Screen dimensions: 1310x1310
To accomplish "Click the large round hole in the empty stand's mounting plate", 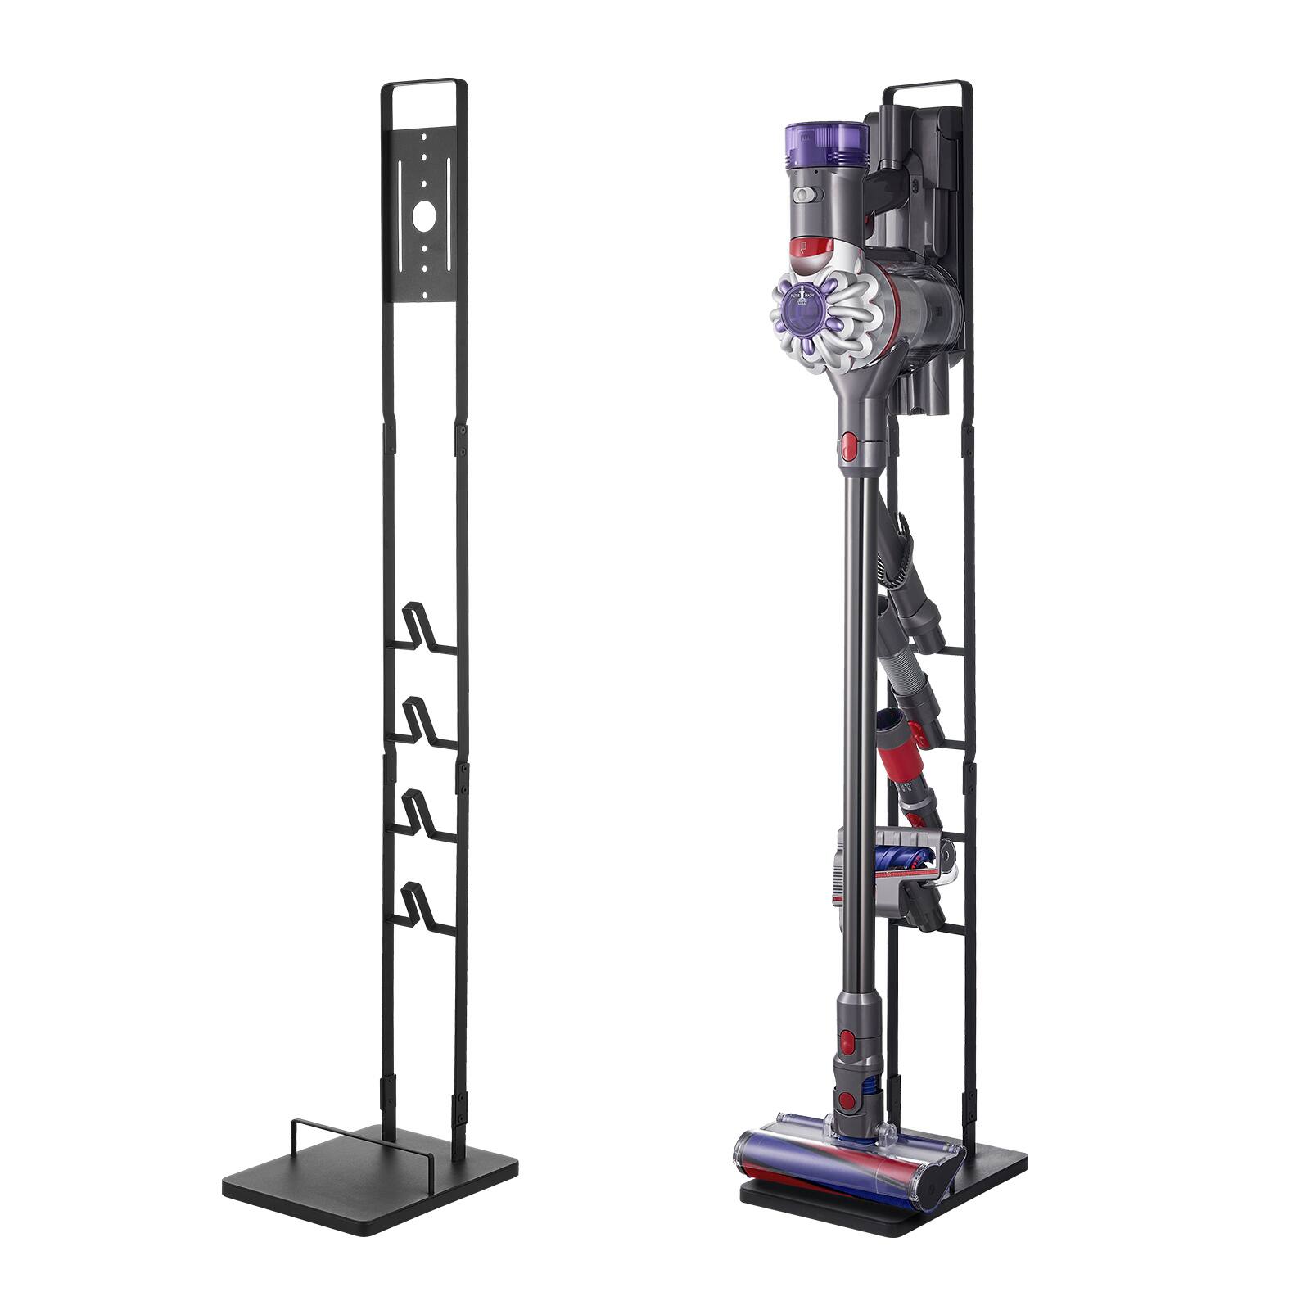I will (x=423, y=216).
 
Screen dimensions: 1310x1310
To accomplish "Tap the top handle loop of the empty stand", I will (x=424, y=83).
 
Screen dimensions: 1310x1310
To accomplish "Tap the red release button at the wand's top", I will (x=849, y=447).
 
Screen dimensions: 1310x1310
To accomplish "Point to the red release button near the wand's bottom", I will (x=848, y=1041).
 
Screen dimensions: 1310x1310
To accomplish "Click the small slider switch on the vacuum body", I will (x=806, y=196).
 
